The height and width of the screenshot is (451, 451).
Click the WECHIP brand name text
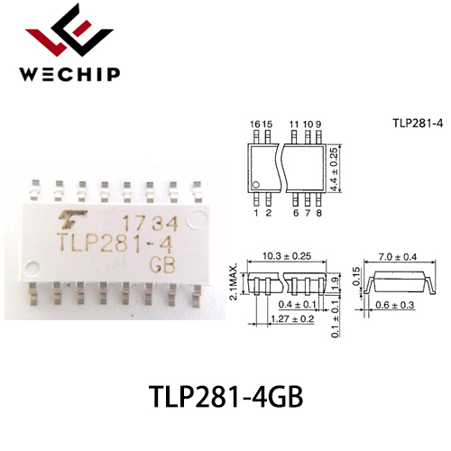[x=69, y=74]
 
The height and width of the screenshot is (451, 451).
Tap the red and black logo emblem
[x=69, y=30]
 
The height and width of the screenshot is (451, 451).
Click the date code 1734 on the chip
[x=151, y=224]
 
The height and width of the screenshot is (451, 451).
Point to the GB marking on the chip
[x=162, y=265]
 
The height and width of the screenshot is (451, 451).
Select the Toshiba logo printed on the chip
[x=72, y=219]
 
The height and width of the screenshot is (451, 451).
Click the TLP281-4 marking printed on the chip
[x=115, y=244]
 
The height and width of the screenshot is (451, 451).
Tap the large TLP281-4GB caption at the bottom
[x=225, y=397]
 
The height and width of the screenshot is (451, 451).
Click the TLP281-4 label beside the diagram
[x=418, y=124]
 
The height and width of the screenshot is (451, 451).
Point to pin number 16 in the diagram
[x=255, y=124]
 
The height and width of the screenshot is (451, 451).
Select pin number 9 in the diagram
[x=318, y=124]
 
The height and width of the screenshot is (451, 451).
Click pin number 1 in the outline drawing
[x=256, y=213]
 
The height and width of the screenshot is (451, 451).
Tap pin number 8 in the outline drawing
[x=319, y=213]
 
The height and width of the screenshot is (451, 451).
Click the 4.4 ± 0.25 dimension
[x=335, y=169]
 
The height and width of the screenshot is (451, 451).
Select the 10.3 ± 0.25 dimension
[x=287, y=256]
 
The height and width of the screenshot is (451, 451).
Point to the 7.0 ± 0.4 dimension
[x=398, y=257]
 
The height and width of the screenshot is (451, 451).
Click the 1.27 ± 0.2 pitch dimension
[x=292, y=318]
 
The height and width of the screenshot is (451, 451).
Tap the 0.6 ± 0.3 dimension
[x=395, y=305]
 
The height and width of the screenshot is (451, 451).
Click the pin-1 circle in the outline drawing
[x=256, y=185]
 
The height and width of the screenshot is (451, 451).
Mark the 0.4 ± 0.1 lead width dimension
[x=298, y=304]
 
